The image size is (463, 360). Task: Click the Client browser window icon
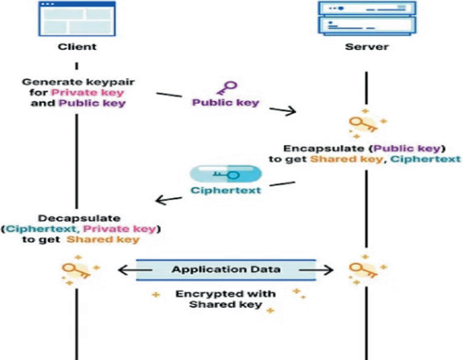point(76,18)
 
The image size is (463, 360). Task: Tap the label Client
point(76,47)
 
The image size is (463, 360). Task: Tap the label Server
point(366,47)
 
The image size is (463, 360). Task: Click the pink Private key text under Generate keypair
point(78,93)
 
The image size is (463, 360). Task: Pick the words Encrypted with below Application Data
point(226,294)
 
